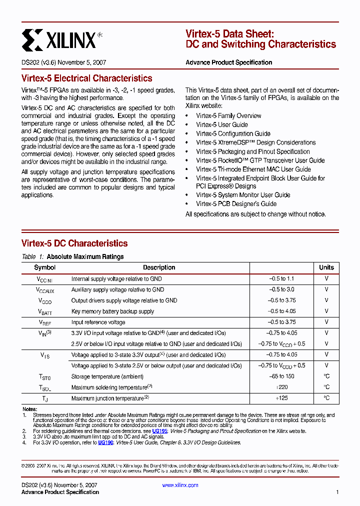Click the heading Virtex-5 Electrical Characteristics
[87, 78]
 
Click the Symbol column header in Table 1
[44, 267]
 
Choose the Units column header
[326, 267]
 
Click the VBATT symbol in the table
[44, 311]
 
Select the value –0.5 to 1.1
[281, 279]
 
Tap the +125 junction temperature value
[282, 398]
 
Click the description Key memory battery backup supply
[113, 311]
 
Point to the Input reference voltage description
[98, 322]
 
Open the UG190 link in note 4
[105, 442]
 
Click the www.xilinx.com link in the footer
[180, 485]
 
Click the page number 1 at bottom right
[337, 492]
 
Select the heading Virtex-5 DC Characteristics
[74, 243]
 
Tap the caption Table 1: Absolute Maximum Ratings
[73, 257]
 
